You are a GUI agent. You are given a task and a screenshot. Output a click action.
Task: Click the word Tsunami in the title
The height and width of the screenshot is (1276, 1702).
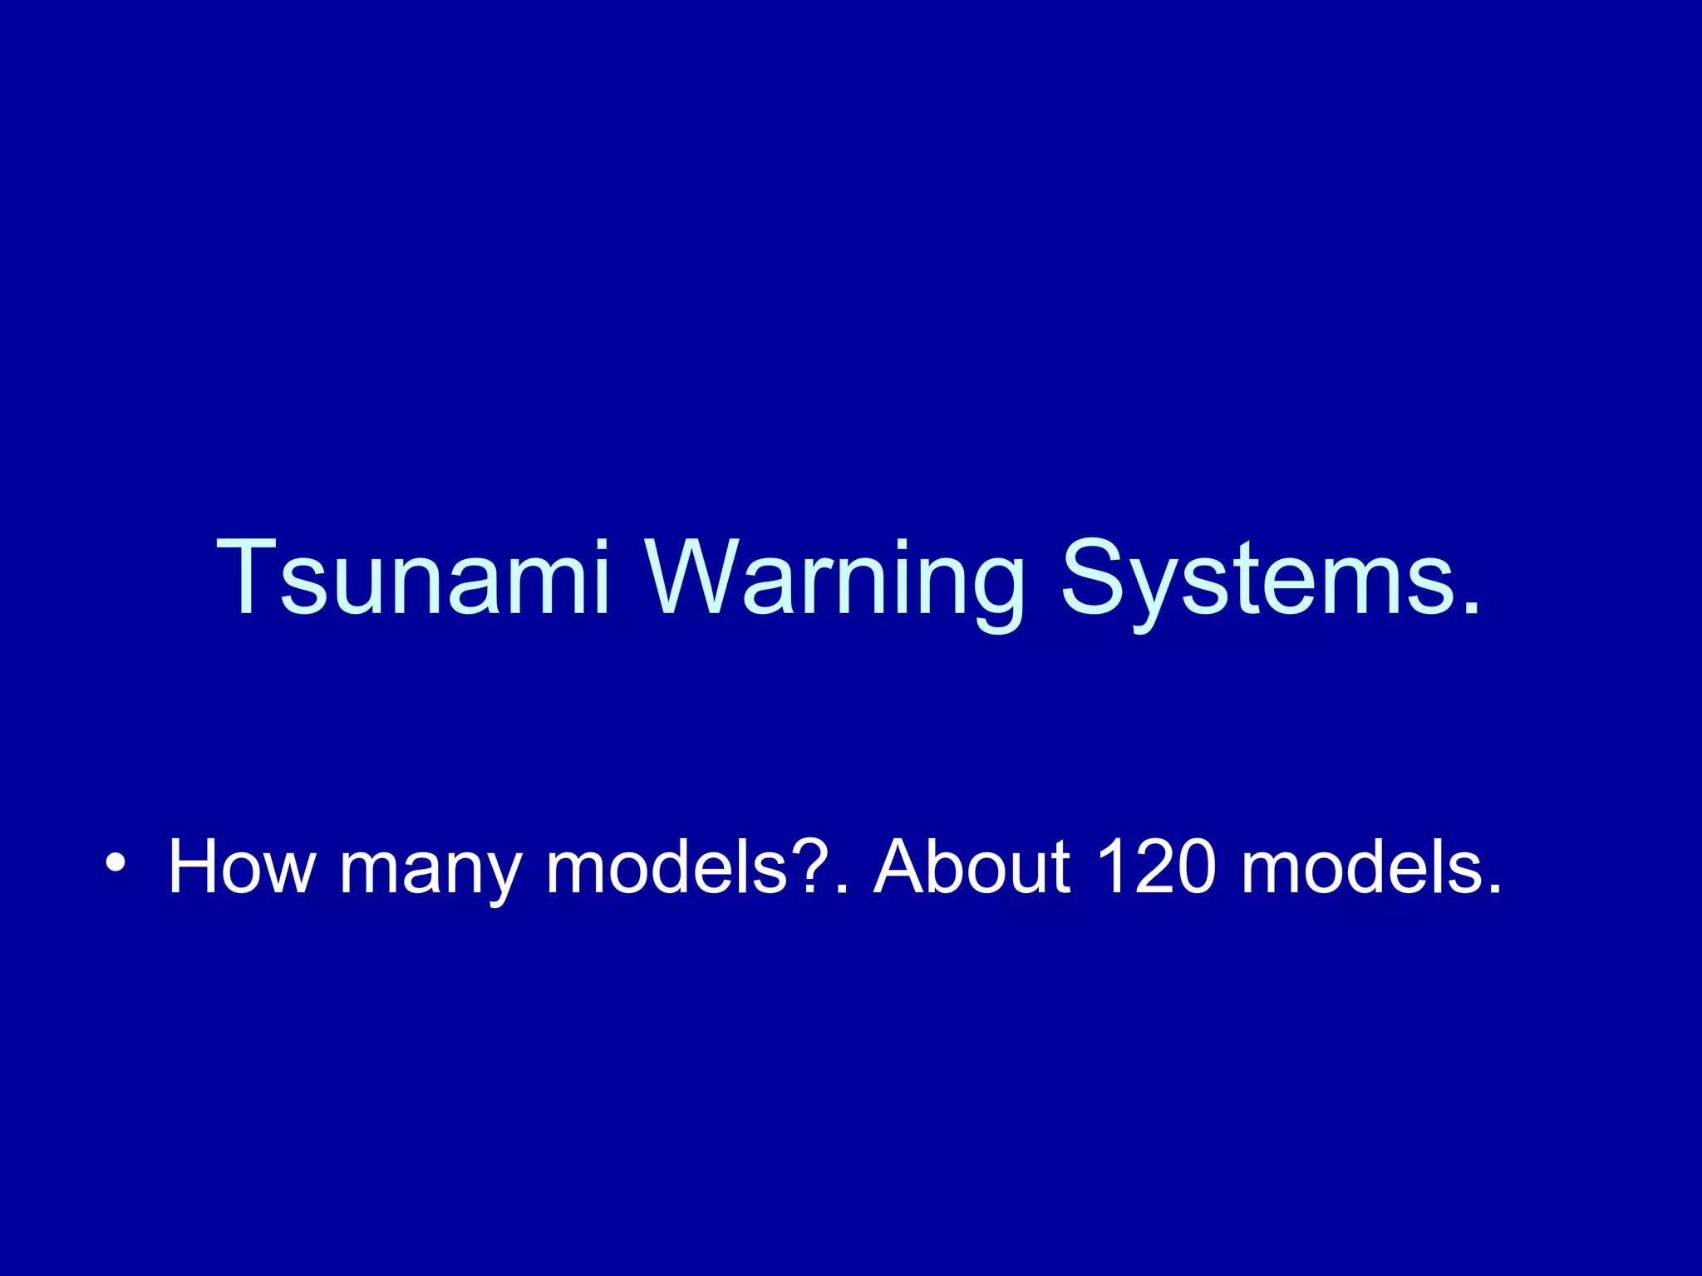[413, 577]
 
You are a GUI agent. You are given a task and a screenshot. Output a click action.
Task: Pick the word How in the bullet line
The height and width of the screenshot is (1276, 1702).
[242, 868]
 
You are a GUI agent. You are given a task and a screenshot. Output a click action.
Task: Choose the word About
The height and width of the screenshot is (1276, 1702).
[972, 868]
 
